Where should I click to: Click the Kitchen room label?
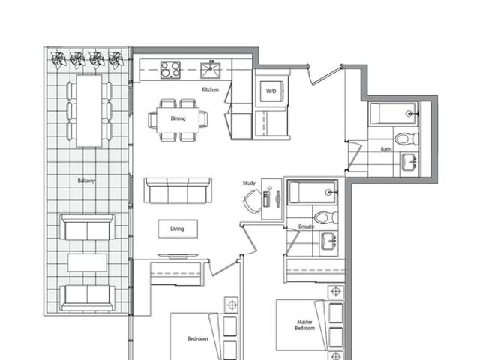click(x=210, y=89)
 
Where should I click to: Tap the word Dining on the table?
click(x=178, y=118)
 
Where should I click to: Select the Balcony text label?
click(x=86, y=181)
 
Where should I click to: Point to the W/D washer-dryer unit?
click(x=271, y=91)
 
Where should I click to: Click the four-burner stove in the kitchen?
click(x=170, y=70)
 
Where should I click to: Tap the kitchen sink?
click(x=210, y=70)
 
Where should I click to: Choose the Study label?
click(x=249, y=183)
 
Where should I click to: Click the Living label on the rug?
click(x=177, y=229)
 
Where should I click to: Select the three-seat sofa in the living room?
click(x=178, y=190)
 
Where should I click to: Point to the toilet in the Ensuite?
click(x=325, y=217)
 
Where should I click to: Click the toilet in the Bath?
click(x=406, y=139)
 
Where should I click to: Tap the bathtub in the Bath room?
click(x=393, y=113)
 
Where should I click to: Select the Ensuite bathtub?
click(x=313, y=192)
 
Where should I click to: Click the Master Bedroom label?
click(x=305, y=325)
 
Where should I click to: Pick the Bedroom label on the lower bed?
click(x=197, y=338)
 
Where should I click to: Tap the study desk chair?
click(x=253, y=202)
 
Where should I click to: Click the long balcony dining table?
click(x=89, y=111)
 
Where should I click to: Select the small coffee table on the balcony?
click(x=87, y=262)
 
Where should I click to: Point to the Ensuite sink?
click(x=329, y=241)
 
